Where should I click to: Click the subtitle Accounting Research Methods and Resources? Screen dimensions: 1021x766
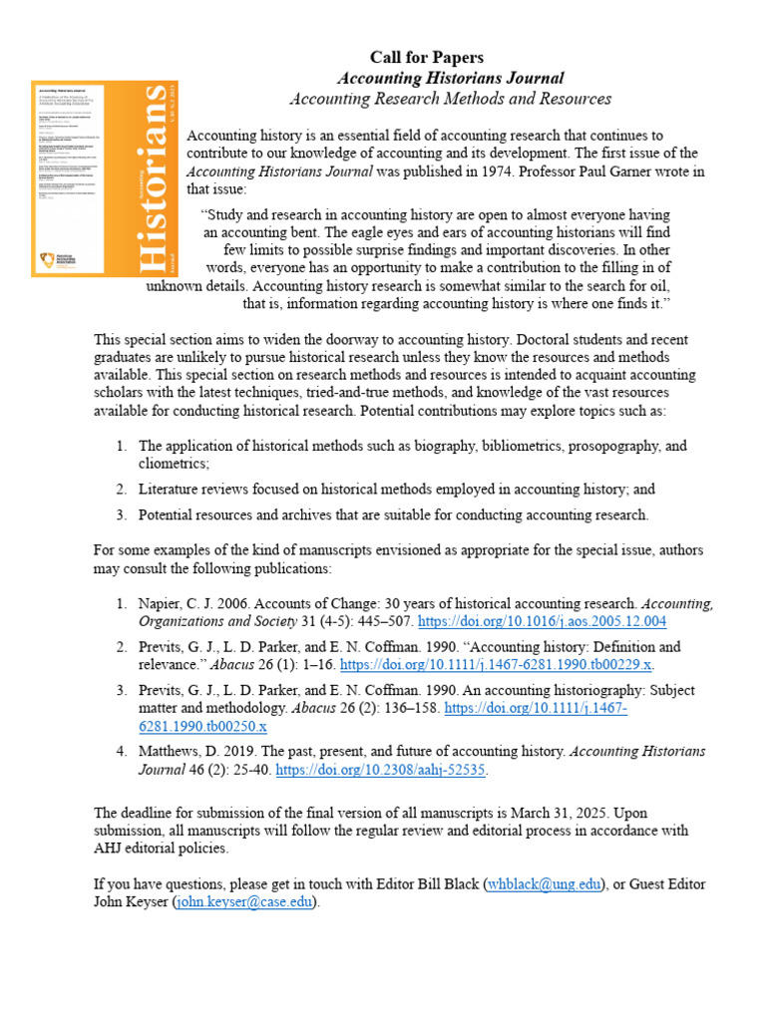click(450, 99)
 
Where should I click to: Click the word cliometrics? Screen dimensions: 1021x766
click(174, 464)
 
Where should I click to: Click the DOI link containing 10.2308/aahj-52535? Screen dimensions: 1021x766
click(382, 771)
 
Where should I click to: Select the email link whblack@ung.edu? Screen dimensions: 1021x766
click(544, 884)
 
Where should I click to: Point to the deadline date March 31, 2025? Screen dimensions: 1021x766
click(560, 813)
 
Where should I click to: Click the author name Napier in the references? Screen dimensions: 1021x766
click(162, 603)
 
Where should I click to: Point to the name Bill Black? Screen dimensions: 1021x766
click(445, 884)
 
